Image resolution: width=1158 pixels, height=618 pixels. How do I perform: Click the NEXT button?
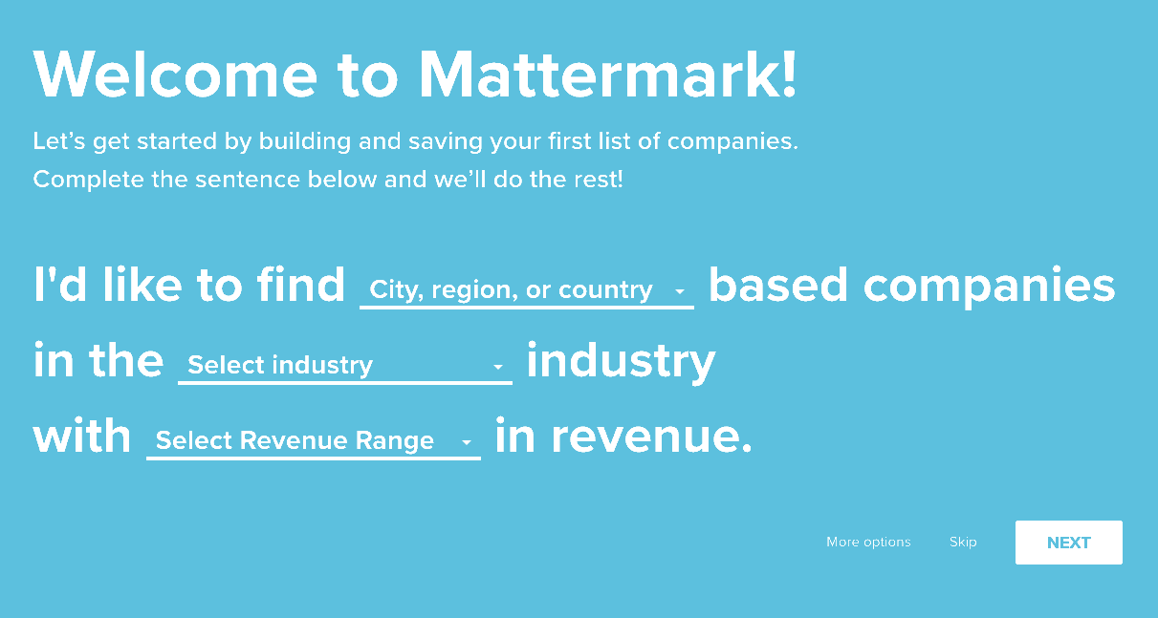coord(1068,543)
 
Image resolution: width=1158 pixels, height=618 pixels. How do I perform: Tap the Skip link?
coord(963,543)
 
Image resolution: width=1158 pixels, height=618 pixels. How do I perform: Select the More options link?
coord(868,543)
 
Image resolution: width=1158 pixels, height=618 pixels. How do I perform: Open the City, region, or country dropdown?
coord(526,290)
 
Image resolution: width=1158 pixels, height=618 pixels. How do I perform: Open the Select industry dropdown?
coord(345,366)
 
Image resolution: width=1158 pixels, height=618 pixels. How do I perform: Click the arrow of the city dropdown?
coord(680,291)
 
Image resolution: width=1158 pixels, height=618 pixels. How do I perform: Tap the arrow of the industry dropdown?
coord(498,367)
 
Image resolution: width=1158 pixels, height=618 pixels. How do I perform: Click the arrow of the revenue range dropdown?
coord(467,442)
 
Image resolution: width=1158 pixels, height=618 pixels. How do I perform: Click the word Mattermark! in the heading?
coord(607,75)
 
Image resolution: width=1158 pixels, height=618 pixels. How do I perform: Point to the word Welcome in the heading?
coord(175,74)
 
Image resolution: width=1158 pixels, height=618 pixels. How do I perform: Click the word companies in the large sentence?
coord(989,287)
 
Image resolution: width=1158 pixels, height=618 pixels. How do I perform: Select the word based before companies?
coord(778,284)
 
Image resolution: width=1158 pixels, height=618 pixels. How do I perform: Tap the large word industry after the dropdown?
coord(621,361)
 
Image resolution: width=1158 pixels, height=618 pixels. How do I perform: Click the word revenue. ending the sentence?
coord(652,437)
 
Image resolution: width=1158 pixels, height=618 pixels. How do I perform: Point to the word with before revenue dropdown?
coord(81,436)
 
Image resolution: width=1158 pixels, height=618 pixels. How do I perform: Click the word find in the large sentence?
coord(301,284)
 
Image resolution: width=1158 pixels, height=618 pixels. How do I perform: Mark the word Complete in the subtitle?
coord(88,180)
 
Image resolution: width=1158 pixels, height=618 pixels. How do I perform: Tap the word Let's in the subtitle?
coord(59,141)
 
